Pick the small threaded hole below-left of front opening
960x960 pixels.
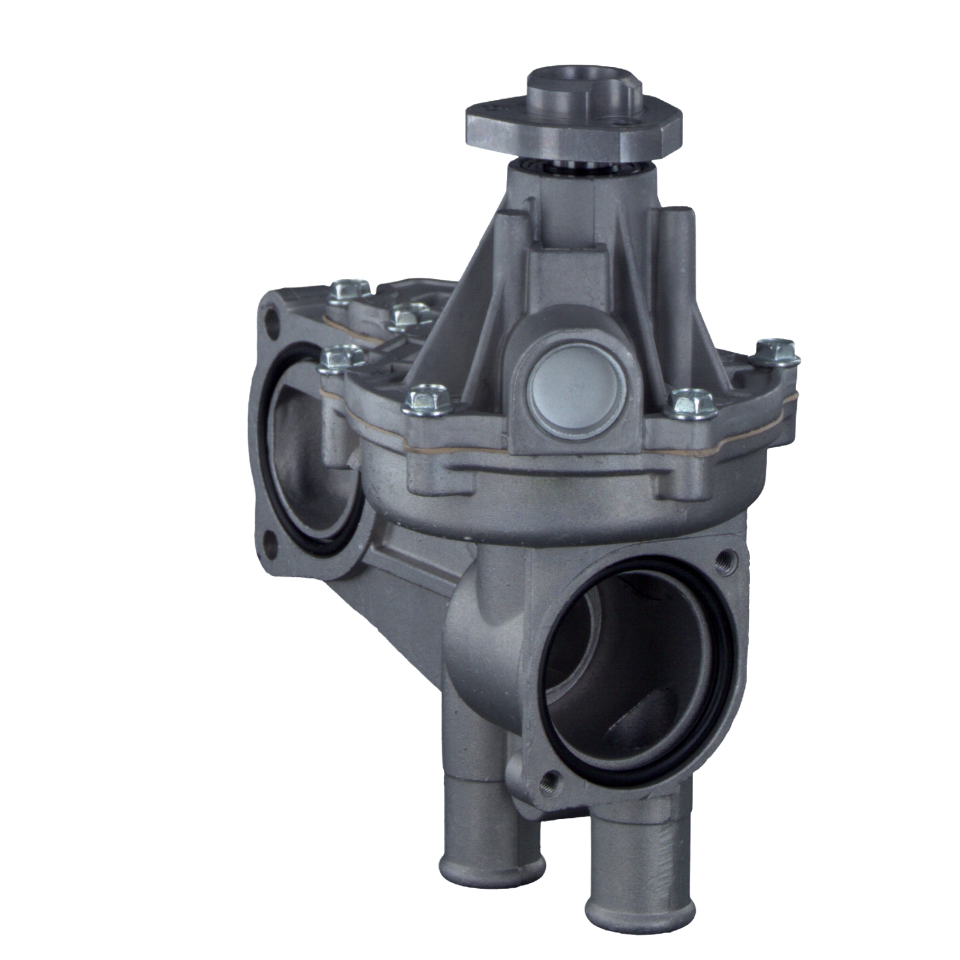tap(548, 781)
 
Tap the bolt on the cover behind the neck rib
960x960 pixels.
tap(410, 316)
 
